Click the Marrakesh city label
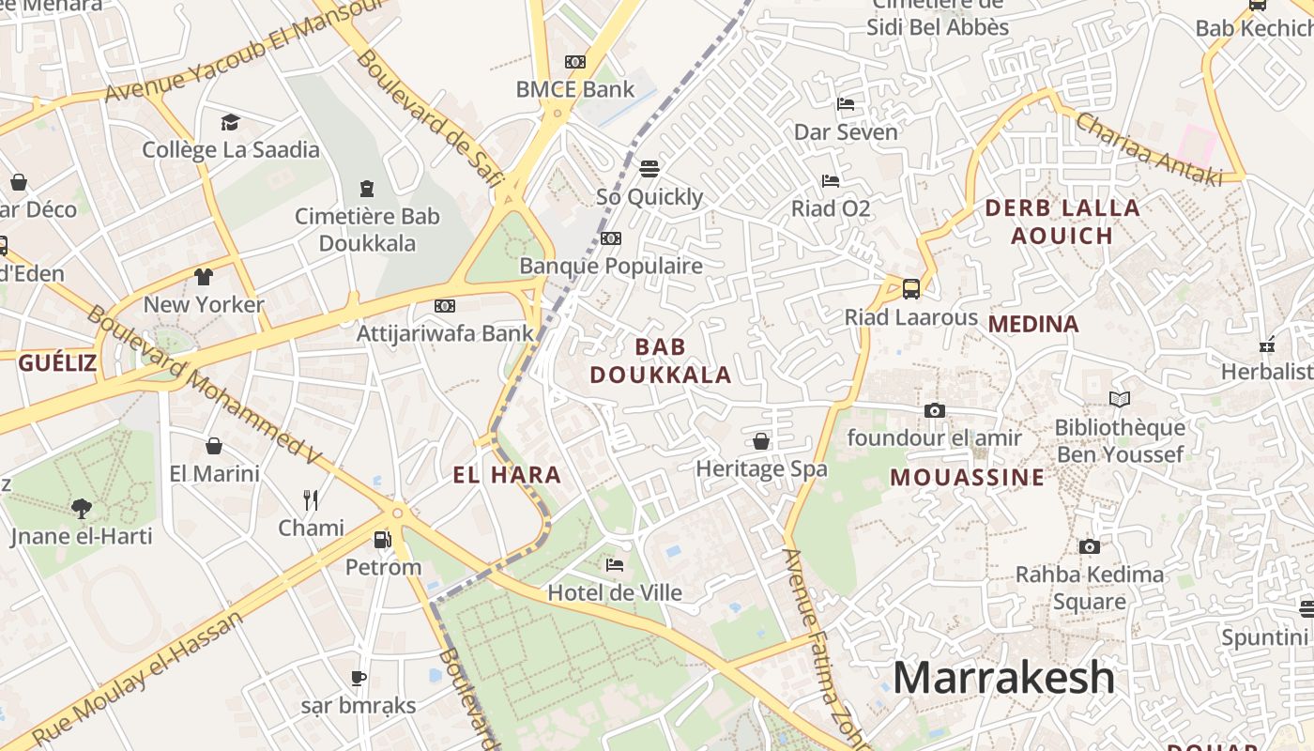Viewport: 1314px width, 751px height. point(1003,677)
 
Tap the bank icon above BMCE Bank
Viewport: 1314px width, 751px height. point(575,62)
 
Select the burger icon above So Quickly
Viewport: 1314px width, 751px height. point(649,169)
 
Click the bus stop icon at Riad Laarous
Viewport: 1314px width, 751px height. point(910,288)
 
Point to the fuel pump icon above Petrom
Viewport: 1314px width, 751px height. point(382,539)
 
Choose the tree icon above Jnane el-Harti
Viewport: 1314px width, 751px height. point(82,509)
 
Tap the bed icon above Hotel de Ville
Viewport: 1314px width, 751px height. point(615,564)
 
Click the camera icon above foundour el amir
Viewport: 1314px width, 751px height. point(934,410)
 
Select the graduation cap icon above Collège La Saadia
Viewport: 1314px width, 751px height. point(230,122)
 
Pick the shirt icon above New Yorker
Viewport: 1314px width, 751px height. point(204,277)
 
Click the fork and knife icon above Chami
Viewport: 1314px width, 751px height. point(311,499)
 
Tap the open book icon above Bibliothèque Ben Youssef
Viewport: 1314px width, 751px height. point(1120,400)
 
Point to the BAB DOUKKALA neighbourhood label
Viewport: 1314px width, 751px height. point(660,360)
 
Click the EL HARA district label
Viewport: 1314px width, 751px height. point(507,475)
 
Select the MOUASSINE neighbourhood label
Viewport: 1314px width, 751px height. point(967,477)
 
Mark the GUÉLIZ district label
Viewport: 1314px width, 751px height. point(57,363)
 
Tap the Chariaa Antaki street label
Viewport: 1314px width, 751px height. point(1148,149)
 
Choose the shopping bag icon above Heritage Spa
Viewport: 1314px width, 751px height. point(761,441)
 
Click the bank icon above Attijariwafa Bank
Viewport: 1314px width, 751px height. point(445,306)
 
